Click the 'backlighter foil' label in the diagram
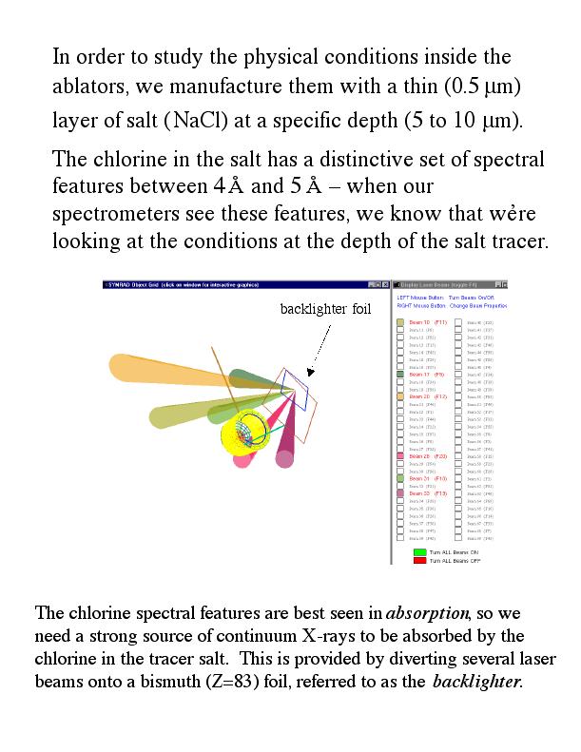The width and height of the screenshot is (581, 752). coord(323,308)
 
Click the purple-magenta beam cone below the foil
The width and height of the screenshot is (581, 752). coord(286,452)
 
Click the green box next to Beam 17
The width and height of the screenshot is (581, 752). coord(400,375)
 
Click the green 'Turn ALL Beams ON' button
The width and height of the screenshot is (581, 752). coord(418,551)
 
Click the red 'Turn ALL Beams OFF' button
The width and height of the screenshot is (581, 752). coord(418,561)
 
